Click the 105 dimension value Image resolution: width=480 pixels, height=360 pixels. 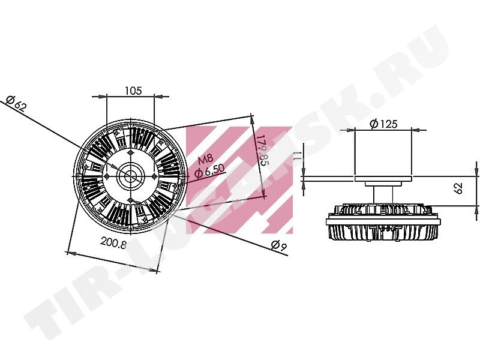click(x=133, y=91)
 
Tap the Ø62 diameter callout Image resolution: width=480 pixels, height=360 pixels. click(x=17, y=103)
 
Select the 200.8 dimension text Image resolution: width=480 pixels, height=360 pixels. click(x=113, y=244)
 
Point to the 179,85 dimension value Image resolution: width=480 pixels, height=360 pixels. click(x=262, y=150)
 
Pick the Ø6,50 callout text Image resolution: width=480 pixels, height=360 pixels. click(x=209, y=171)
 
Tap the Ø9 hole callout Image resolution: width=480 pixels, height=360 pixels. click(x=278, y=246)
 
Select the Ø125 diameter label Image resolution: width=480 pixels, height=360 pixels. click(x=383, y=124)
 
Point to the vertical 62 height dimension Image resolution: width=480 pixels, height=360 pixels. click(x=458, y=188)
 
